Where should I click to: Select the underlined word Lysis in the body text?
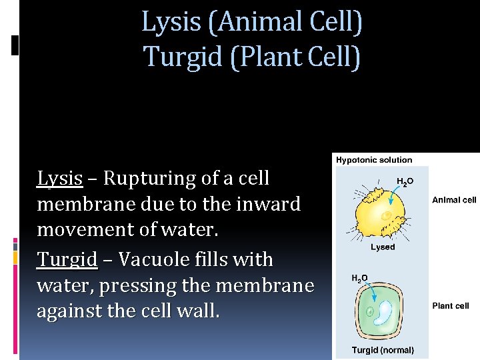(x=59, y=179)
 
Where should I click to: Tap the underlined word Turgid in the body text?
(x=67, y=259)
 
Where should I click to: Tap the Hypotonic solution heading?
(x=374, y=160)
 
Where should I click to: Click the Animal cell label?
(x=454, y=200)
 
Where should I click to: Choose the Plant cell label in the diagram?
(x=451, y=306)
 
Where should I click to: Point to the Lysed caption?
(x=383, y=247)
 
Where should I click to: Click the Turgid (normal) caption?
(x=383, y=349)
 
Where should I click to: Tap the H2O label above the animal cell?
(x=405, y=181)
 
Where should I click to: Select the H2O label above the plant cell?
(x=359, y=278)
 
